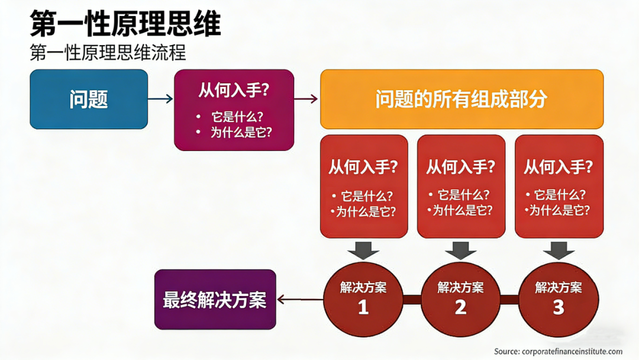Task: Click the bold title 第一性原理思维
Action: point(125,24)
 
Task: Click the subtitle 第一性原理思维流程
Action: point(108,53)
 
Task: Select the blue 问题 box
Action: point(89,99)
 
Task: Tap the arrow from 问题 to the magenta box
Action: point(160,99)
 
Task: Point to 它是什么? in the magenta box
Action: point(237,116)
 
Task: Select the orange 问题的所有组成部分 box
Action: point(461,99)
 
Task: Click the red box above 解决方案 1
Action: point(363,186)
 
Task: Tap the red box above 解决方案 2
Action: point(461,186)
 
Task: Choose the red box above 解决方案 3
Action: point(559,186)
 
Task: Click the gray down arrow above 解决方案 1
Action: point(363,250)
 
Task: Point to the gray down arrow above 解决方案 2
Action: point(461,250)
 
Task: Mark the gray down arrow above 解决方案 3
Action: point(559,250)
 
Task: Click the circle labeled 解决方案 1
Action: point(363,299)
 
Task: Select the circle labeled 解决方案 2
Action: point(461,299)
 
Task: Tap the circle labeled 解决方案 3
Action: point(559,299)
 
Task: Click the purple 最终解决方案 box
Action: point(215,300)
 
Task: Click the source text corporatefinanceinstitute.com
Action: point(558,351)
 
